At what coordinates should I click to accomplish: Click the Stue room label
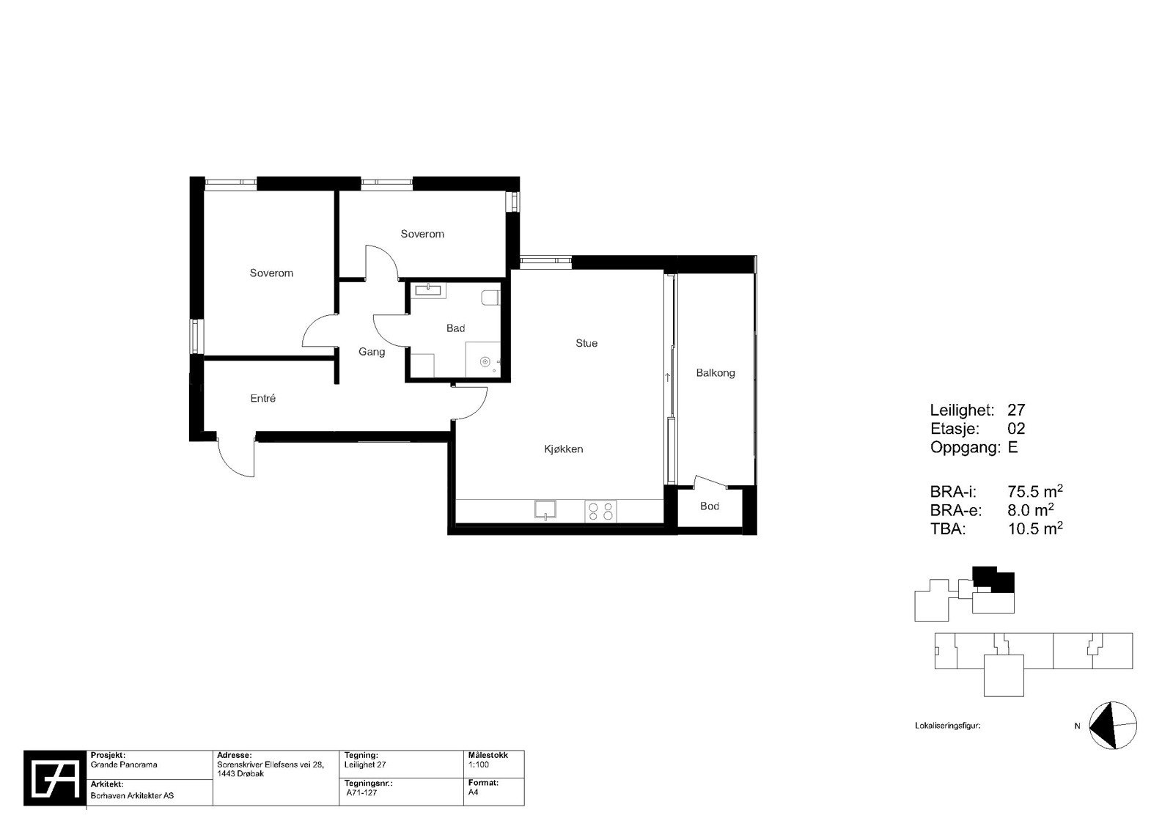[x=586, y=343]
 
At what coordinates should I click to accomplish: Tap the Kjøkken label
[x=563, y=449]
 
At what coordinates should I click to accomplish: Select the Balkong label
[x=715, y=373]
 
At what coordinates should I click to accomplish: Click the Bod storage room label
[x=709, y=506]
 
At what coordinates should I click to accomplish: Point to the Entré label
[x=262, y=399]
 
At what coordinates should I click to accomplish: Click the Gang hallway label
[x=372, y=352]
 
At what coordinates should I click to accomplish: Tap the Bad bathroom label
[x=455, y=328]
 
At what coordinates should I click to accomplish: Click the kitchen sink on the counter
[x=545, y=509]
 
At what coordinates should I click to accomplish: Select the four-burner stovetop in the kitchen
[x=600, y=510]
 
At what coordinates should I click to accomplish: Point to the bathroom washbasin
[x=428, y=290]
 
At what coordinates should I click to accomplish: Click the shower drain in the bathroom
[x=485, y=361]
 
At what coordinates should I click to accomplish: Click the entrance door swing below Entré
[x=237, y=457]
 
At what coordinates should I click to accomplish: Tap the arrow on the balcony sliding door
[x=667, y=378]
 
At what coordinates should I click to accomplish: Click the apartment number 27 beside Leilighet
[x=1016, y=410]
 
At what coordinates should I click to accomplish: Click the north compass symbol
[x=1112, y=726]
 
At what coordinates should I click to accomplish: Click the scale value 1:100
[x=478, y=764]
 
